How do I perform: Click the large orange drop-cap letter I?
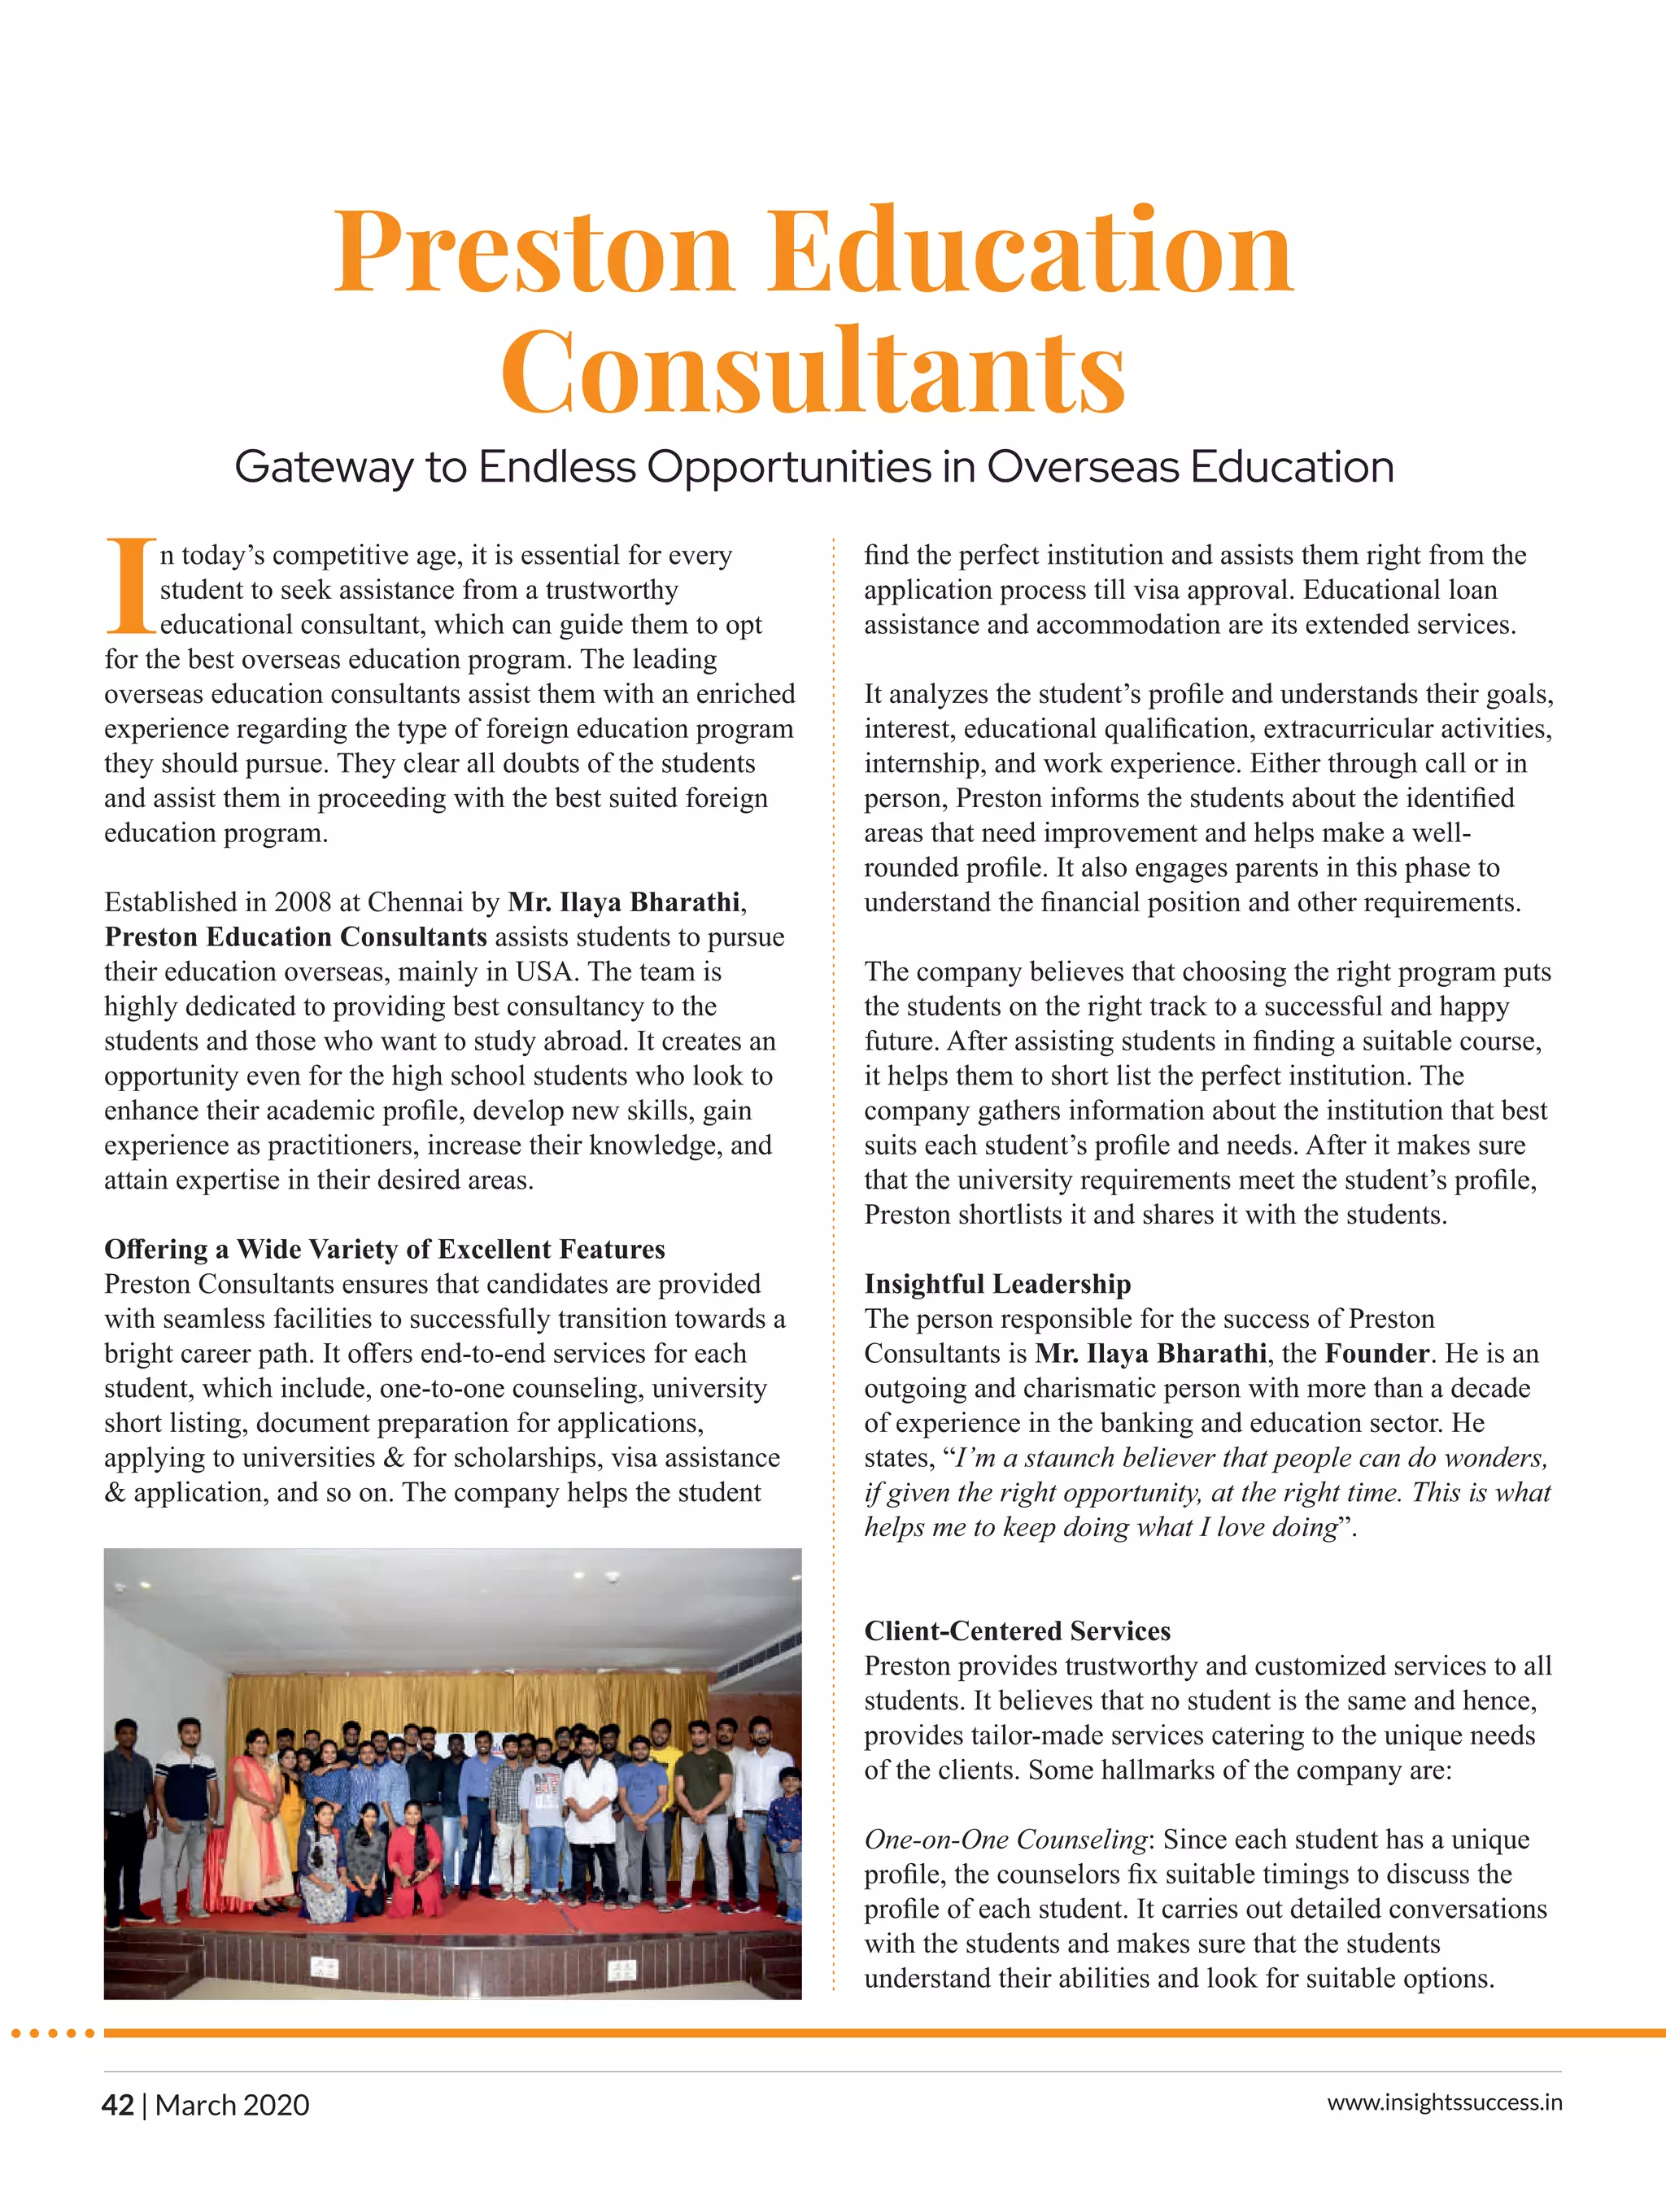point(130,585)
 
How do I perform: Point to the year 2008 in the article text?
point(303,902)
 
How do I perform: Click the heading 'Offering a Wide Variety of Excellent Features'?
point(384,1249)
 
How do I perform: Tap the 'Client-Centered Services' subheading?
point(1017,1630)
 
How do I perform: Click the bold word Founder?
point(1377,1353)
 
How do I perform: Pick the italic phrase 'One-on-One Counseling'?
point(1005,1839)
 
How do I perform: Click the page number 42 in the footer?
point(117,2105)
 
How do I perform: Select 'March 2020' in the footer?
point(232,2105)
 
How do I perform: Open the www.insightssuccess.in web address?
point(1444,2102)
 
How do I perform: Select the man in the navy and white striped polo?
point(186,1795)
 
